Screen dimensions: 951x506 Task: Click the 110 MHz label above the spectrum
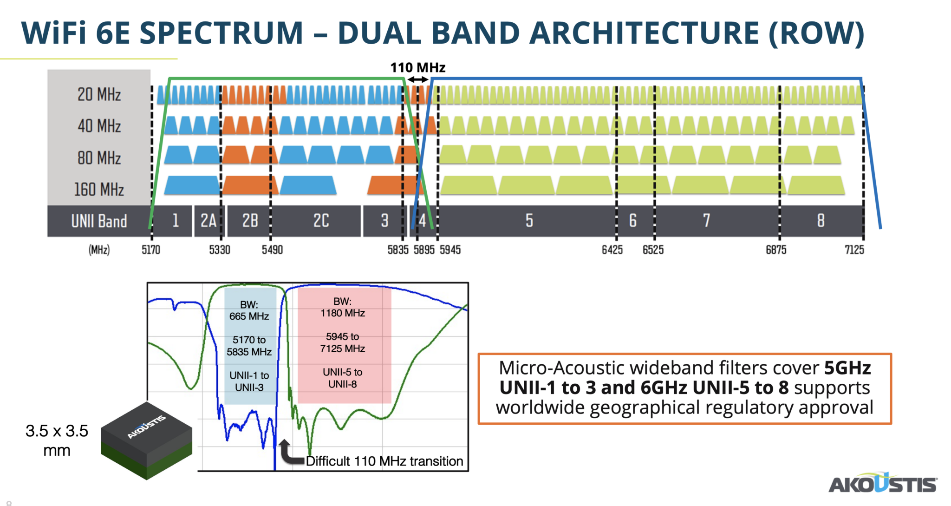(x=417, y=68)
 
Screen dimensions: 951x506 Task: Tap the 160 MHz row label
(x=99, y=190)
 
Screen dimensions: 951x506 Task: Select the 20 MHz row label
(x=99, y=94)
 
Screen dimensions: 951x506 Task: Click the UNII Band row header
(x=99, y=221)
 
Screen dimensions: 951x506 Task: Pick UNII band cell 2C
(x=321, y=221)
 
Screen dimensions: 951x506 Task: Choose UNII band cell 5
(x=529, y=221)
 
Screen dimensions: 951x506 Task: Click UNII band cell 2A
(x=208, y=221)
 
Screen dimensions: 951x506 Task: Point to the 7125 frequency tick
(x=854, y=250)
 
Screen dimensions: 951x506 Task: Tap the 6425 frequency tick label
(x=612, y=250)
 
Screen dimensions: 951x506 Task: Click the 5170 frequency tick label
(x=151, y=250)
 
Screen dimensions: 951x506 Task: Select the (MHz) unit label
(x=99, y=250)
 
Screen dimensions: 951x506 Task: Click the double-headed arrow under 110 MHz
(x=418, y=79)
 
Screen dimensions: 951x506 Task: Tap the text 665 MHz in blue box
(x=249, y=316)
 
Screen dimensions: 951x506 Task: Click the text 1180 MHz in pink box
(x=343, y=313)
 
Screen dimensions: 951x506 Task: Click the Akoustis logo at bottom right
(x=882, y=484)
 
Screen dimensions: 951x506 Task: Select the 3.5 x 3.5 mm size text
(x=57, y=440)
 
